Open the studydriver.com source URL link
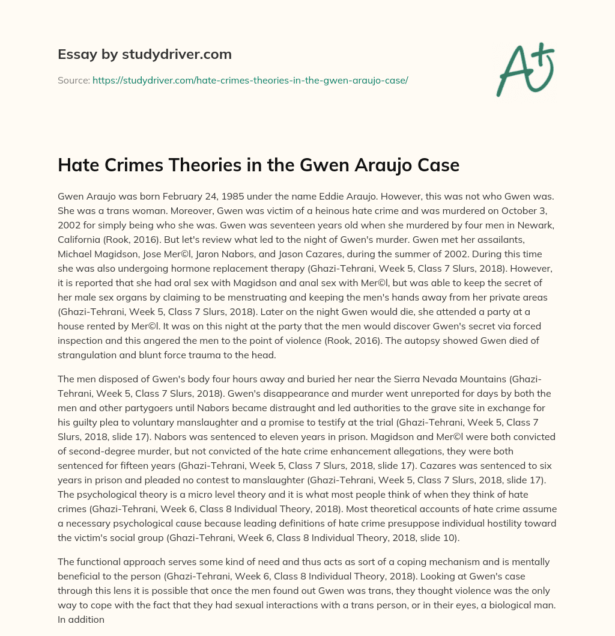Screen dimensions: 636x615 (250, 80)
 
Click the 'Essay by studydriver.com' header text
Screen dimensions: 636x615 (145, 54)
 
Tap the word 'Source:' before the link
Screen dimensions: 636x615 (73, 80)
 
